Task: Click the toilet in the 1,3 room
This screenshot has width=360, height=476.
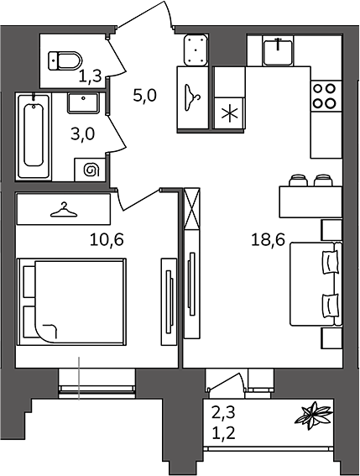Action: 65,60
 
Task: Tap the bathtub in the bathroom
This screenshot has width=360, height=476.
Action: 33,136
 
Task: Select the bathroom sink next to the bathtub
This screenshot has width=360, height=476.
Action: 83,103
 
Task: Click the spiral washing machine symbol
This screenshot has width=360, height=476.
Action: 91,170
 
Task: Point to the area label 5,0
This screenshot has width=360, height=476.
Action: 144,96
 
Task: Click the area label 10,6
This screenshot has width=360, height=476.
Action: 107,239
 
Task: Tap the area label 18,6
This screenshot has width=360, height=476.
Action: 268,239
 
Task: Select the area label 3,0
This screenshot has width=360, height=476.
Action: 82,133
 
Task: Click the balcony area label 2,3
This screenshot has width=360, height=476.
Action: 223,414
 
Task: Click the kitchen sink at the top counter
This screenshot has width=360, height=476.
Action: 278,52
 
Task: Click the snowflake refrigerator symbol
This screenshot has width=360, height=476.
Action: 229,113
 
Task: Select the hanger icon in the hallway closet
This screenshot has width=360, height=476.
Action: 192,97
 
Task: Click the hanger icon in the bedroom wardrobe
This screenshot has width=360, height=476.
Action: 64,211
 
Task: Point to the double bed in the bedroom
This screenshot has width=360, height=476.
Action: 71,301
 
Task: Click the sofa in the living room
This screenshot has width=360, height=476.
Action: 316,284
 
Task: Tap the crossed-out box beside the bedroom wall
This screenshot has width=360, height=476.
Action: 192,208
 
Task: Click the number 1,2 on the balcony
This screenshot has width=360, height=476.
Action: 223,434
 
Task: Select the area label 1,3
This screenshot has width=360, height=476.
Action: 90,76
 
